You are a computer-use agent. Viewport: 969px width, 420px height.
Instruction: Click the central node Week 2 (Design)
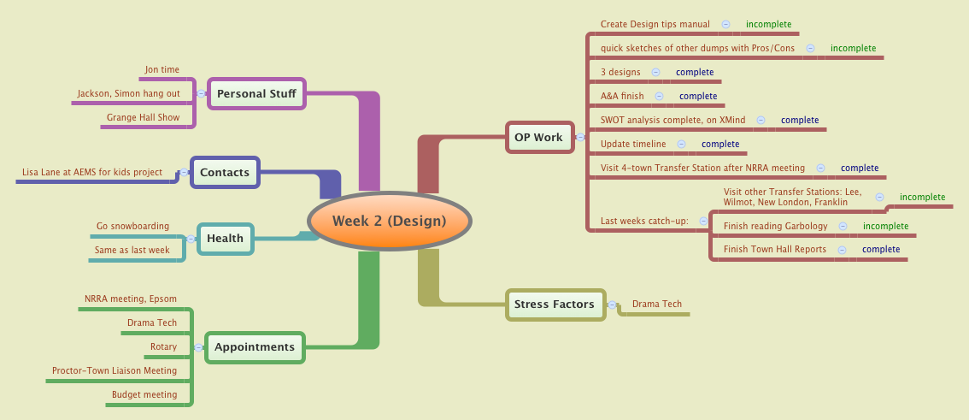pyautogui.click(x=390, y=221)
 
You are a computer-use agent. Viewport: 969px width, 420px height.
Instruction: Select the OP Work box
pyautogui.click(x=538, y=137)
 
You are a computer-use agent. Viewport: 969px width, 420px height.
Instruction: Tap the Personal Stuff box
pyautogui.click(x=256, y=93)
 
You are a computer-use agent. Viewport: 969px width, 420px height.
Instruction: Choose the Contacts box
pyautogui.click(x=225, y=172)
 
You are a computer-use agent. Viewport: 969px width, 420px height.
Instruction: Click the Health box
pyautogui.click(x=226, y=238)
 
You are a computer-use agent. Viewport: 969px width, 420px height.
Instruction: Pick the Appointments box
pyautogui.click(x=255, y=346)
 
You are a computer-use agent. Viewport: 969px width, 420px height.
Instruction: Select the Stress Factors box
pyautogui.click(x=554, y=304)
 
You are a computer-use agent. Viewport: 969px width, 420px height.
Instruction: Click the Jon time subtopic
pyautogui.click(x=162, y=69)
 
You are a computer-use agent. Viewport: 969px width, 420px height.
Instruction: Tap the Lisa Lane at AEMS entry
pyautogui.click(x=92, y=172)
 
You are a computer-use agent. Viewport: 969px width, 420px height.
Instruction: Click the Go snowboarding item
pyautogui.click(x=132, y=226)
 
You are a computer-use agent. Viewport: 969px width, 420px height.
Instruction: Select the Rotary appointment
pyautogui.click(x=163, y=346)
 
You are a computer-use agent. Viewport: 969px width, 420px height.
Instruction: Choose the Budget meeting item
pyautogui.click(x=144, y=394)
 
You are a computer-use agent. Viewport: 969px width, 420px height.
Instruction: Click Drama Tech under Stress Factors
pyautogui.click(x=657, y=304)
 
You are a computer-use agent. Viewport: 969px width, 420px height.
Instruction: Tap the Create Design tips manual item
pyautogui.click(x=655, y=24)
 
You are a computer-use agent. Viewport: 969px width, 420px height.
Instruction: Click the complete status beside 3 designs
pyautogui.click(x=694, y=72)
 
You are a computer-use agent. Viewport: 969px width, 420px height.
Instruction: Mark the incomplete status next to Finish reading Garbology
pyautogui.click(x=885, y=226)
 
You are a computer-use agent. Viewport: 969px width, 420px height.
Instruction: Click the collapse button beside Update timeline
pyautogui.click(x=682, y=144)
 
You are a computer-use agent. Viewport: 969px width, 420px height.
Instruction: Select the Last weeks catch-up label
pyautogui.click(x=644, y=221)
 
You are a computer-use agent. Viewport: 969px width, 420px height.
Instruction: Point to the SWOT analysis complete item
pyautogui.click(x=672, y=120)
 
